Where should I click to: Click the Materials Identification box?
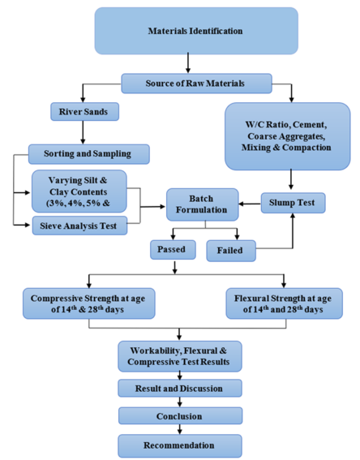click(x=195, y=31)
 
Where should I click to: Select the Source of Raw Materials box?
click(x=195, y=83)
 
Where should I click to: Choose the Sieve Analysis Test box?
click(x=79, y=226)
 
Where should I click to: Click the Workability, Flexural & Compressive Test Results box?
click(x=179, y=355)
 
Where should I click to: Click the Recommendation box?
click(x=179, y=445)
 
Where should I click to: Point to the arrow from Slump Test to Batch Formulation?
click(x=249, y=201)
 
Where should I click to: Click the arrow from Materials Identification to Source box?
click(x=188, y=63)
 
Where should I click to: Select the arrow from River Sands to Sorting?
click(x=82, y=131)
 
